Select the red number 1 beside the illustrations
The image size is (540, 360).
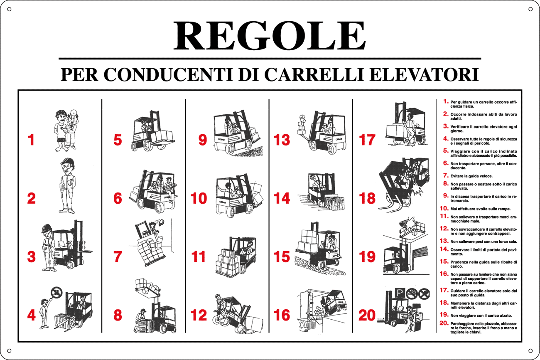pos(31,140)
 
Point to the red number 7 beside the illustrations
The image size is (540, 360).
pos(118,256)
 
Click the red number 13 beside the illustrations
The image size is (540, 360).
pos(282,140)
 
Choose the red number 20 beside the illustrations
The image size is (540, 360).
pos(367,316)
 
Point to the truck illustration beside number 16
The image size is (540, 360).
pos(322,310)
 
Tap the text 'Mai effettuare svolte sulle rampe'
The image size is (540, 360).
pos(480,209)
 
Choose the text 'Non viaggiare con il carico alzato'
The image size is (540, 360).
pos(481,316)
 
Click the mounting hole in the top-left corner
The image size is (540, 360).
pos(9,9)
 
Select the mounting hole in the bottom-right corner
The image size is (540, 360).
pos(530,350)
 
